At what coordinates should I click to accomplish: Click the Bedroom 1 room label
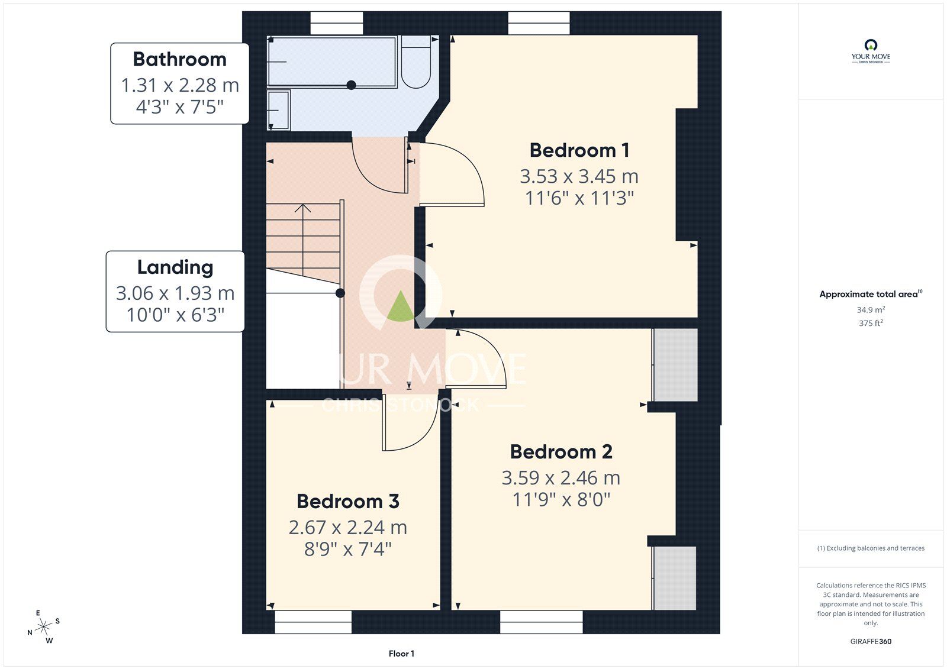click(x=579, y=150)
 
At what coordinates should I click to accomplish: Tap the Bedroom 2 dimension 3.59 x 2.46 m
click(x=561, y=478)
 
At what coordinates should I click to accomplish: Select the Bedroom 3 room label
click(x=347, y=502)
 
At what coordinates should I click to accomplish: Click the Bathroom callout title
click(x=179, y=59)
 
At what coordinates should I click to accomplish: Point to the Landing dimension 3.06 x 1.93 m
click(x=175, y=293)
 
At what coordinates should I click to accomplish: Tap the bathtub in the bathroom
click(x=331, y=62)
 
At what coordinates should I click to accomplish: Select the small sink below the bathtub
click(x=278, y=109)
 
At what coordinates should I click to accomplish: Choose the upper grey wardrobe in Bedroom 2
click(x=675, y=365)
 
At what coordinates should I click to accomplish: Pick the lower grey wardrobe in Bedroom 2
click(x=675, y=578)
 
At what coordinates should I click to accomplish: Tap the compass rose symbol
click(x=44, y=627)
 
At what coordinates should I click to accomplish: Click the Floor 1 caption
click(x=401, y=654)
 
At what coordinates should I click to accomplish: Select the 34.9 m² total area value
click(x=871, y=310)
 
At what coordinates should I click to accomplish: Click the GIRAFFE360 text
click(x=871, y=641)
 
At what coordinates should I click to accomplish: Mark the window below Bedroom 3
click(x=313, y=622)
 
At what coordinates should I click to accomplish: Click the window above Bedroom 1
click(x=539, y=24)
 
